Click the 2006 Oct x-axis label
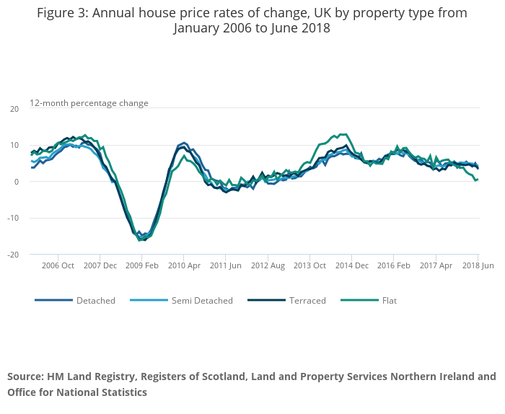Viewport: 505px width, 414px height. (58, 265)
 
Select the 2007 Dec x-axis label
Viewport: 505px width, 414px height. (100, 265)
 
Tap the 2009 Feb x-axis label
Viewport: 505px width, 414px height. (141, 265)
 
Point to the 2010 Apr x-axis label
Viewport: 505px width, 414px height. (183, 265)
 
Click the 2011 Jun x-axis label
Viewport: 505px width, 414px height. (225, 265)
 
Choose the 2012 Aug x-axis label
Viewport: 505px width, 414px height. (268, 265)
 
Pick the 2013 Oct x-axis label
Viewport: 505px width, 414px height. (309, 265)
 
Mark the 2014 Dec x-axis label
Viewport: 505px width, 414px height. (351, 265)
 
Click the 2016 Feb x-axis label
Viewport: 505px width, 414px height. (393, 265)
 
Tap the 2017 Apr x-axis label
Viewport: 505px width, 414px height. (435, 265)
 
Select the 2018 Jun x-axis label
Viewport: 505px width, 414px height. (478, 265)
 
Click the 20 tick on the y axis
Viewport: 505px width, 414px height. (14, 109)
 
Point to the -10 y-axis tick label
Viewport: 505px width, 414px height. (13, 219)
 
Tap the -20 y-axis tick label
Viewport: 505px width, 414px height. (13, 255)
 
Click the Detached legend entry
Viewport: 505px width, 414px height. (95, 301)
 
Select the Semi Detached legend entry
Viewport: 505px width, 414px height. (201, 301)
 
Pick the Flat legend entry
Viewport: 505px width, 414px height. (389, 301)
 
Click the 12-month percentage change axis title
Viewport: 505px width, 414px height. (89, 103)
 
